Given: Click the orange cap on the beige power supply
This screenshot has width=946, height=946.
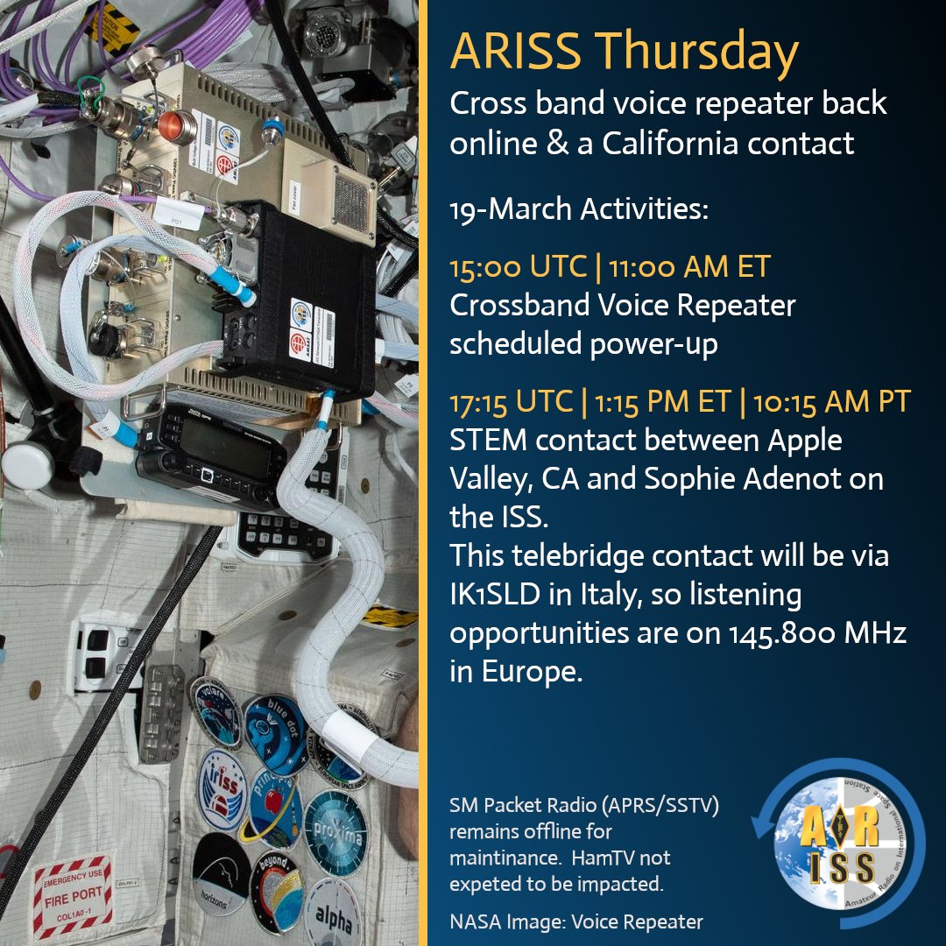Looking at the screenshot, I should point(180,126).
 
